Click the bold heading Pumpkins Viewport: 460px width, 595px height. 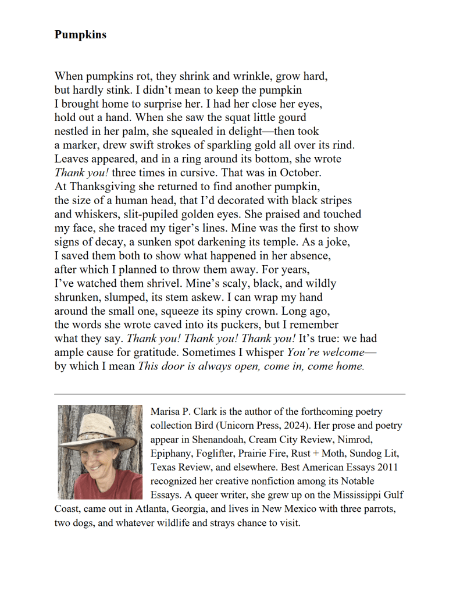coord(80,34)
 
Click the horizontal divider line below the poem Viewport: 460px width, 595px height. coord(230,394)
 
